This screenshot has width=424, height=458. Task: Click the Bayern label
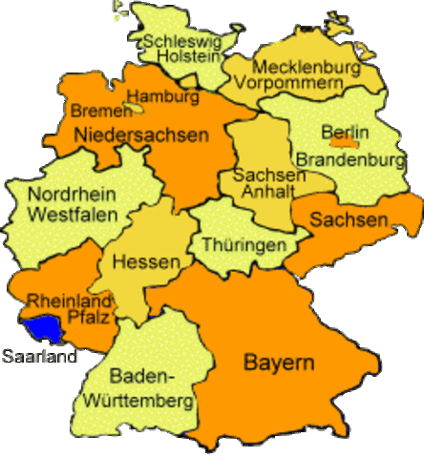point(279,364)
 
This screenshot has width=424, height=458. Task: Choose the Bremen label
point(95,112)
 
